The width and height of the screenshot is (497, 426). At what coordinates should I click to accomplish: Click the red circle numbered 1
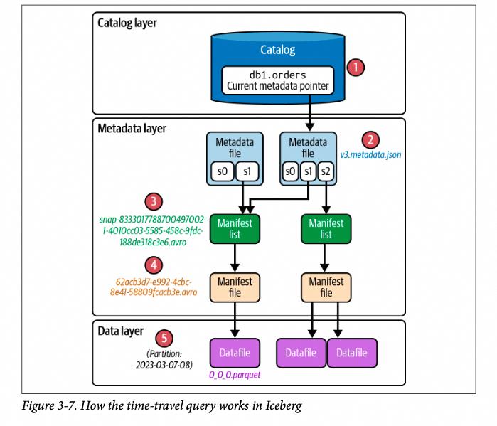coord(355,68)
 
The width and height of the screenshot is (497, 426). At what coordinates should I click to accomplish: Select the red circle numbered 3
coord(152,201)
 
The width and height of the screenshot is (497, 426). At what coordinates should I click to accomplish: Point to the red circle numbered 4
coord(152,265)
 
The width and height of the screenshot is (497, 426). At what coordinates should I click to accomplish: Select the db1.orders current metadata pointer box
coord(277,79)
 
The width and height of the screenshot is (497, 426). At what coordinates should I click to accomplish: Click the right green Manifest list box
coord(326,228)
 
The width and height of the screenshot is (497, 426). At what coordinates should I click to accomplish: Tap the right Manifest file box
coord(326,287)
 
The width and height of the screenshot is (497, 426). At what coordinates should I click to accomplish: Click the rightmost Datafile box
coord(351,353)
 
